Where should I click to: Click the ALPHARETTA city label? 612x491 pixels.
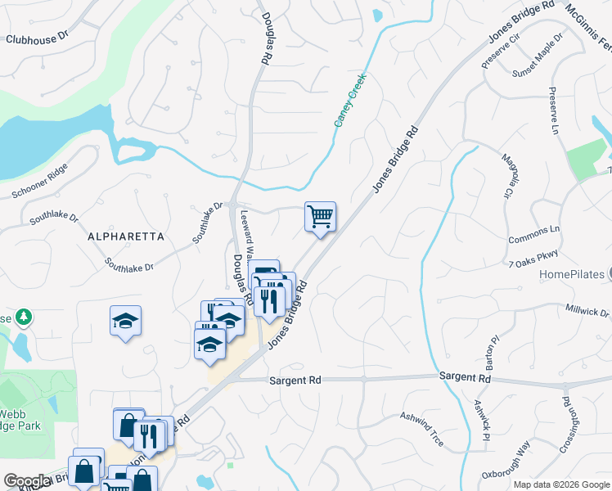tap(126, 236)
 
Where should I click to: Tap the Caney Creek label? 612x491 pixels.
tap(349, 101)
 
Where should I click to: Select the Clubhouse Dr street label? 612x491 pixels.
tap(40, 38)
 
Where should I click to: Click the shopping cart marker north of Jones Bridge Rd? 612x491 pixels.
tap(320, 218)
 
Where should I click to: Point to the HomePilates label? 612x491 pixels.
tap(571, 275)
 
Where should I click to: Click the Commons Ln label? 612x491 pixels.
tap(534, 230)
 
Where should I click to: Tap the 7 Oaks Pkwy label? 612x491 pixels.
tap(533, 264)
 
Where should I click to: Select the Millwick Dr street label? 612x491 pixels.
tap(587, 312)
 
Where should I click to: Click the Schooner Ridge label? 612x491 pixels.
tap(40, 181)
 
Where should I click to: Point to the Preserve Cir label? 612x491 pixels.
tap(502, 50)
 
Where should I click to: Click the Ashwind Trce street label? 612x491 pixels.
tap(422, 428)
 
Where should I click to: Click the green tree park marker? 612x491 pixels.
tap(25, 316)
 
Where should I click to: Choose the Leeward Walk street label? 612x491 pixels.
tap(245, 235)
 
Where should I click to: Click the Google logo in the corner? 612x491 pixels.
tap(27, 481)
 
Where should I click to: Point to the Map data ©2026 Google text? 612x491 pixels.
tap(560, 484)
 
